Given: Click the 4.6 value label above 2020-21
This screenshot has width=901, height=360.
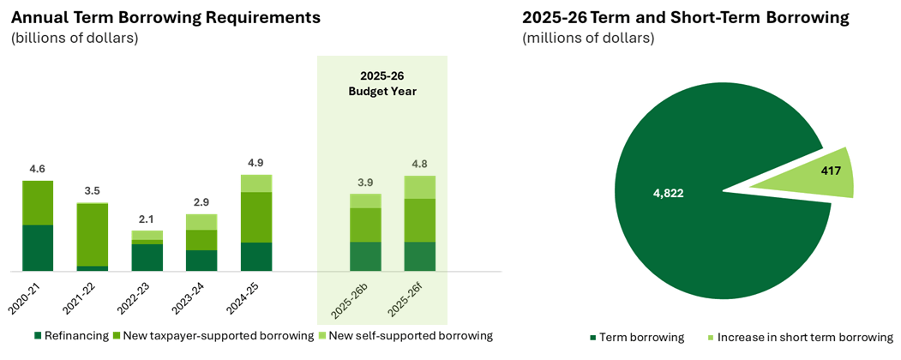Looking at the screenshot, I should point(38,170).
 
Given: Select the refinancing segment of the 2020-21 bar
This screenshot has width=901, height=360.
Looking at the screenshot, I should point(38,248).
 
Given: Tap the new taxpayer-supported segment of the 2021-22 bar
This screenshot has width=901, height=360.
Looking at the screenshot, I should point(93,235).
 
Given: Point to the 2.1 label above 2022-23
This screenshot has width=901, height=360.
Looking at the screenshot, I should point(147,219).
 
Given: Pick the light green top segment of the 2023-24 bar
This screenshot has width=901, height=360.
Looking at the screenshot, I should point(201,222).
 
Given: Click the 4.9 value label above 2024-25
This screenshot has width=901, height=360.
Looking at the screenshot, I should point(256,163).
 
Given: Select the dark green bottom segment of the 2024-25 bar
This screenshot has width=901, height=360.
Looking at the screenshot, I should point(256,256).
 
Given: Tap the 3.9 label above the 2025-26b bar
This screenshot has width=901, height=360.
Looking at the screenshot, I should point(365,183).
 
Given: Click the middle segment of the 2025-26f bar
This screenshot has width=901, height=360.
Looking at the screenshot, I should point(420,220).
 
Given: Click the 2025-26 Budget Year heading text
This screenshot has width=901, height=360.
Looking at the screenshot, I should point(382,83).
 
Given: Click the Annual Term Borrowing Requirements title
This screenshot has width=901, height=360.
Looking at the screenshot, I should point(165,17).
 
